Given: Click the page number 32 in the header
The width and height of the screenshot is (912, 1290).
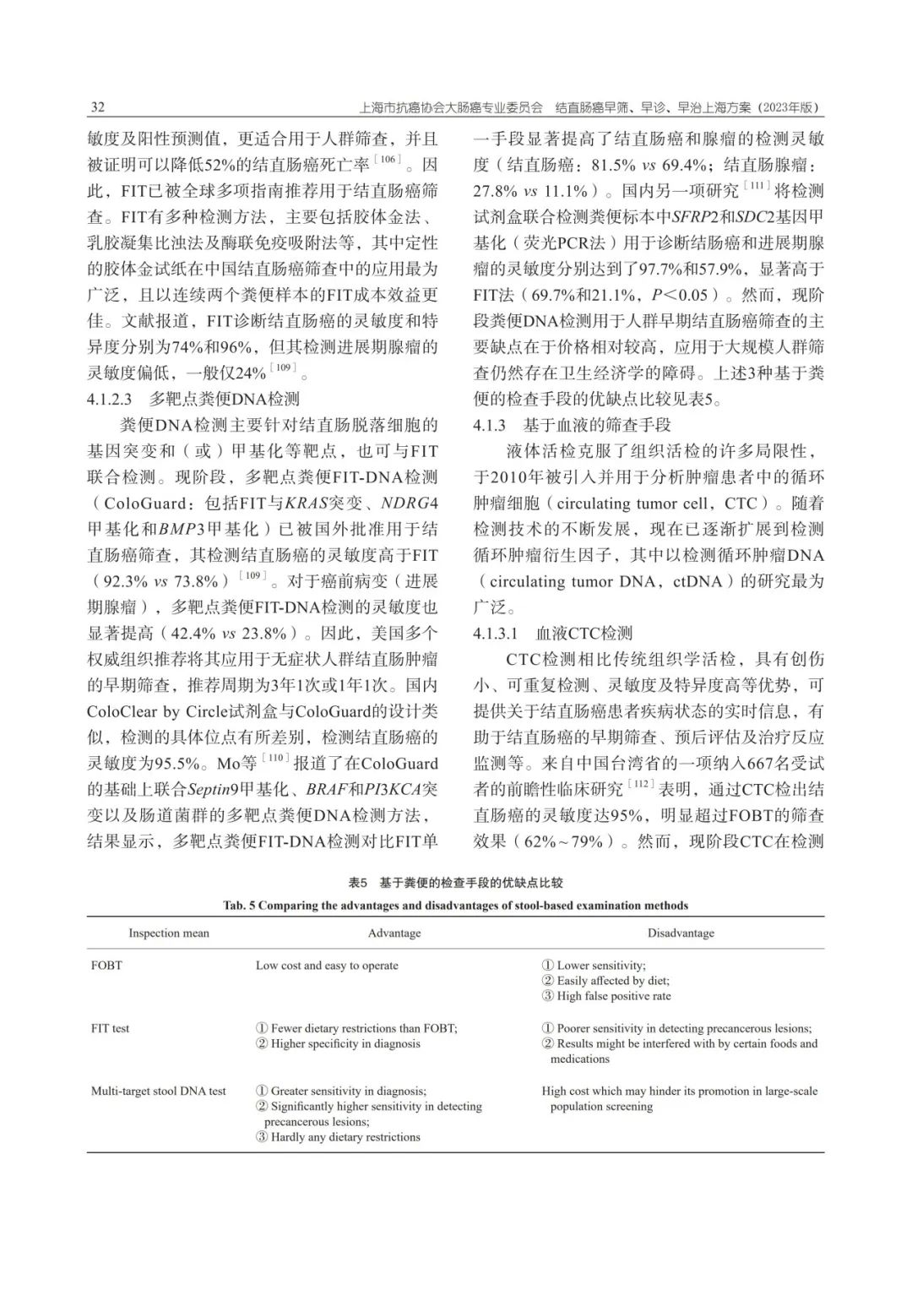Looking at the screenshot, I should [x=96, y=108].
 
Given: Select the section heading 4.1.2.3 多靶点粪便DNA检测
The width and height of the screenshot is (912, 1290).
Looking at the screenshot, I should [x=193, y=399].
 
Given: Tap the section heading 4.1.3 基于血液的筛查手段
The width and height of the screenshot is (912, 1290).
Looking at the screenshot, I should [x=573, y=425].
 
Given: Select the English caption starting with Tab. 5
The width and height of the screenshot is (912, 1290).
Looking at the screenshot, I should [x=455, y=906].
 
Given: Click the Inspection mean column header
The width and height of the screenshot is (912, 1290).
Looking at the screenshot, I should [x=168, y=933].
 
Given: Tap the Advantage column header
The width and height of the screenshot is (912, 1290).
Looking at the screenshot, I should [x=394, y=933].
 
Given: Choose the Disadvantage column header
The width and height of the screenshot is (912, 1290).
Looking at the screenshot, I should [x=681, y=933].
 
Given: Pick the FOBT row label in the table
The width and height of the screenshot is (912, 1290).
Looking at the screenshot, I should [x=106, y=966].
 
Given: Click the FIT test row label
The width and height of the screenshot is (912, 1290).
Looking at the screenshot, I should [x=111, y=1029].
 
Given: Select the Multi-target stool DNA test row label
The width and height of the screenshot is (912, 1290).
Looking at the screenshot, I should [x=159, y=1091].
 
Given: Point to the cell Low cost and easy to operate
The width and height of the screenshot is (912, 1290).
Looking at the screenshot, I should [x=327, y=966].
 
